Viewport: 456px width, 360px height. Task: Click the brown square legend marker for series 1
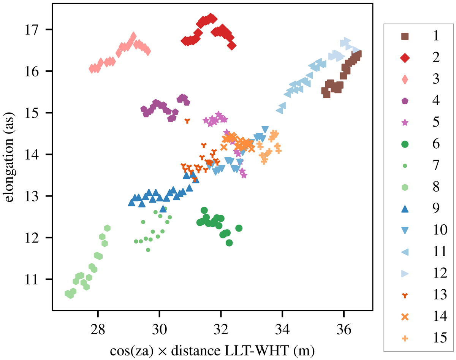tap(405, 36)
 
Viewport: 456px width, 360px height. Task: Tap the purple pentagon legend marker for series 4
tap(405, 101)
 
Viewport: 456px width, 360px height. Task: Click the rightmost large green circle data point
tap(239, 228)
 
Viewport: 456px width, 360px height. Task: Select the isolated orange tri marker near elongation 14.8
tap(187, 121)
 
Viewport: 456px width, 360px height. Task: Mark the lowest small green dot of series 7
tap(148, 250)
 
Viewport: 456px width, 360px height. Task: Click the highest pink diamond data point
tap(133, 36)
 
